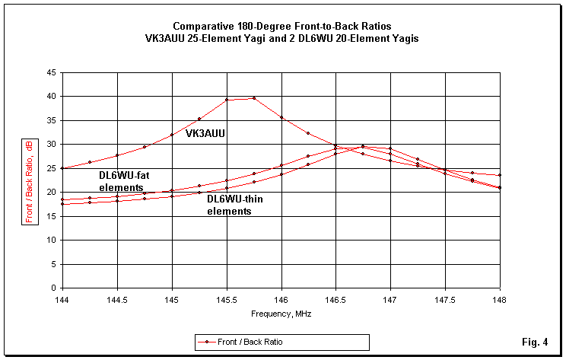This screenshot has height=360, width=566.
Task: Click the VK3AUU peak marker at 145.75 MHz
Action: pos(254,98)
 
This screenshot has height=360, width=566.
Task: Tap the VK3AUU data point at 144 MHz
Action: pos(63,168)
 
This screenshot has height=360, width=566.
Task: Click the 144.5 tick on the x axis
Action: pos(117,299)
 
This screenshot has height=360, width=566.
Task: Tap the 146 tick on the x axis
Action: pos(281,299)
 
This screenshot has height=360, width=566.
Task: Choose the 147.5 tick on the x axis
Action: pos(445,299)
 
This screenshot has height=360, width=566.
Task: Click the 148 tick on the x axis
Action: pos(500,299)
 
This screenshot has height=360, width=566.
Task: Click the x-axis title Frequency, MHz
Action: pos(281,314)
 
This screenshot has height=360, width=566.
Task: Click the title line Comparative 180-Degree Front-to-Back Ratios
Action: pos(282,25)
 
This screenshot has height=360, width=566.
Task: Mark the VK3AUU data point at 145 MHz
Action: pos(172,135)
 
